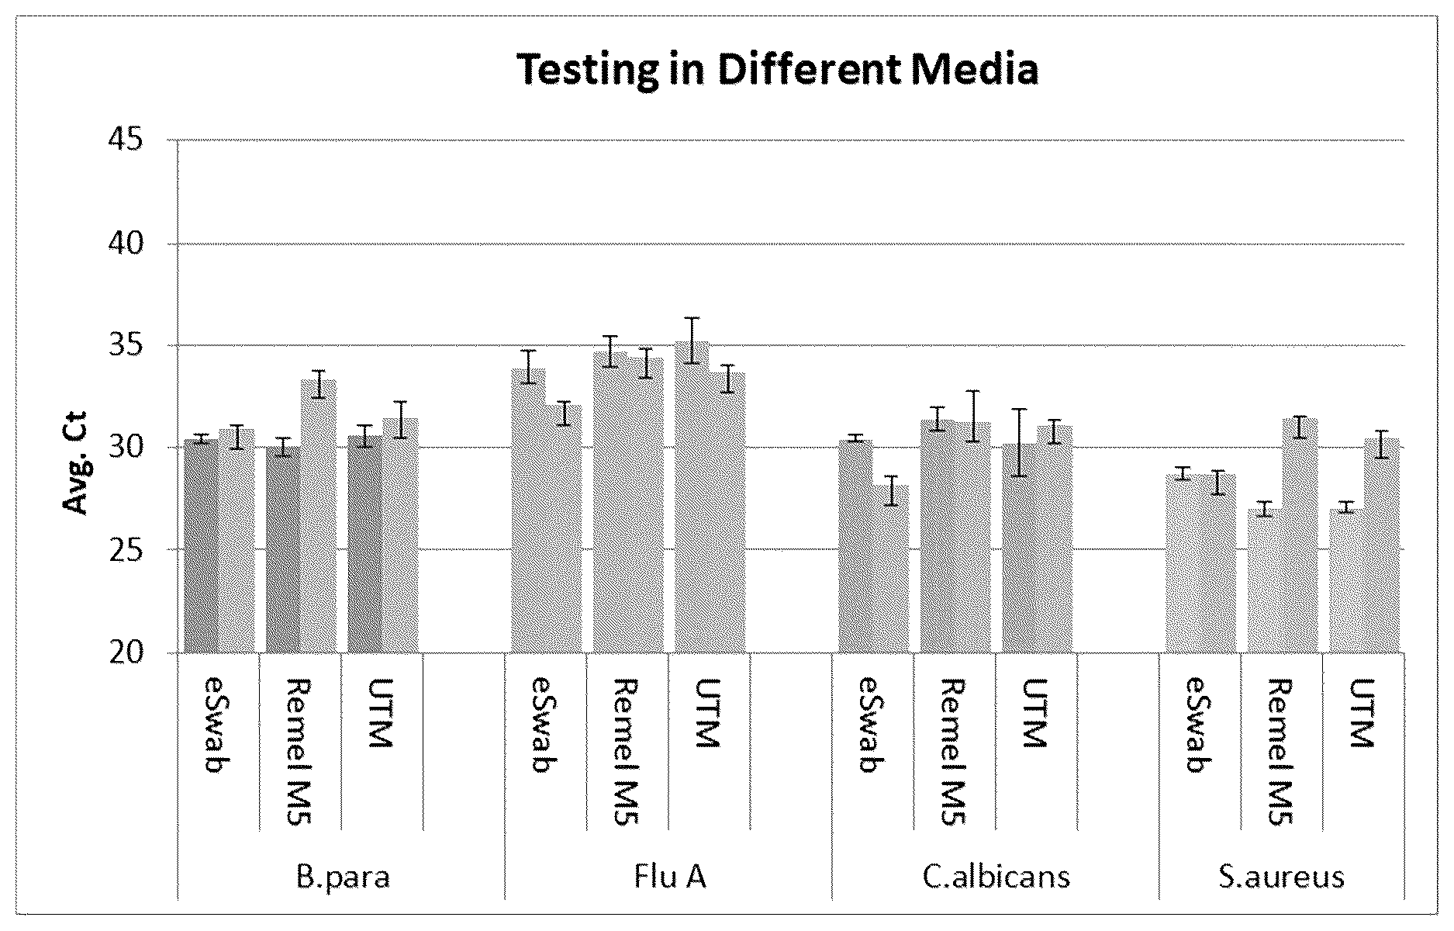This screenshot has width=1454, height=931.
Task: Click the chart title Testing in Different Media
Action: [777, 70]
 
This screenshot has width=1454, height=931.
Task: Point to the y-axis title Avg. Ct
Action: [76, 462]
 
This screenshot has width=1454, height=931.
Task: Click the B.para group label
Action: [342, 877]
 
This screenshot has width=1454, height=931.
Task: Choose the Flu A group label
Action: [669, 877]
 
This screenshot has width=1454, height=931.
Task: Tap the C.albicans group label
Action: [996, 877]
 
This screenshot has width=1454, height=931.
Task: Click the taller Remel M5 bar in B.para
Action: [319, 516]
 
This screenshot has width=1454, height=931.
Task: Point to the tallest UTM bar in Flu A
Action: [692, 497]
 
